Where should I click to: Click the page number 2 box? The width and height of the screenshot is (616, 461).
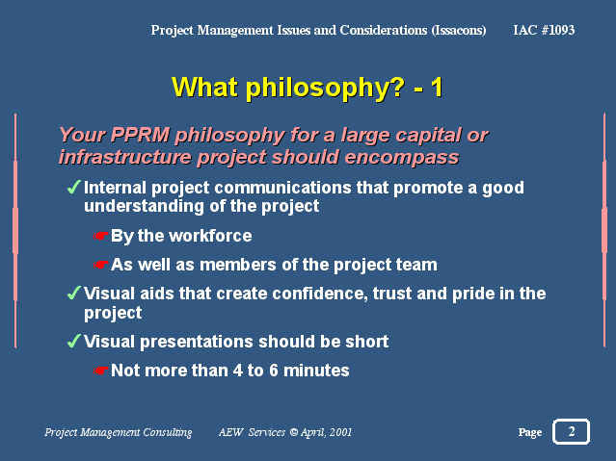571,431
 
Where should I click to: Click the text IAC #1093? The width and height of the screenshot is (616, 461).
544,30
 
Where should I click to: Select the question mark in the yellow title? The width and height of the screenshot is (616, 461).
396,87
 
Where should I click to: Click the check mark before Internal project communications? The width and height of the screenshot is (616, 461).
74,187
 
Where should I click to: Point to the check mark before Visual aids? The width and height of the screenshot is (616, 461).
74,293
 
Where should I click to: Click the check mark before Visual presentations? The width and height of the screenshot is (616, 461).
74,341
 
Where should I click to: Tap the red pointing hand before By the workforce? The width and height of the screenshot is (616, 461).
100,236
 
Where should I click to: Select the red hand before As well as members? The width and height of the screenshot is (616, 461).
100,265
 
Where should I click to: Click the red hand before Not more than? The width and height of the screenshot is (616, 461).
100,371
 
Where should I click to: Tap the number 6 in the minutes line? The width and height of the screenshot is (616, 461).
274,371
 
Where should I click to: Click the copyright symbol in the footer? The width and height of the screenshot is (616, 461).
293,432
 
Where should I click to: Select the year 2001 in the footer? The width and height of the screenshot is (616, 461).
340,432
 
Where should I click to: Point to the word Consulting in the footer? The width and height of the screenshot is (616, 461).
168,432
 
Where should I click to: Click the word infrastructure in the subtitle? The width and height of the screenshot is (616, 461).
125,157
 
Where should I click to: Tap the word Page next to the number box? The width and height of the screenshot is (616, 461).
529,432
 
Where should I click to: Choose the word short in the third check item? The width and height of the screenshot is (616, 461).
367,342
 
